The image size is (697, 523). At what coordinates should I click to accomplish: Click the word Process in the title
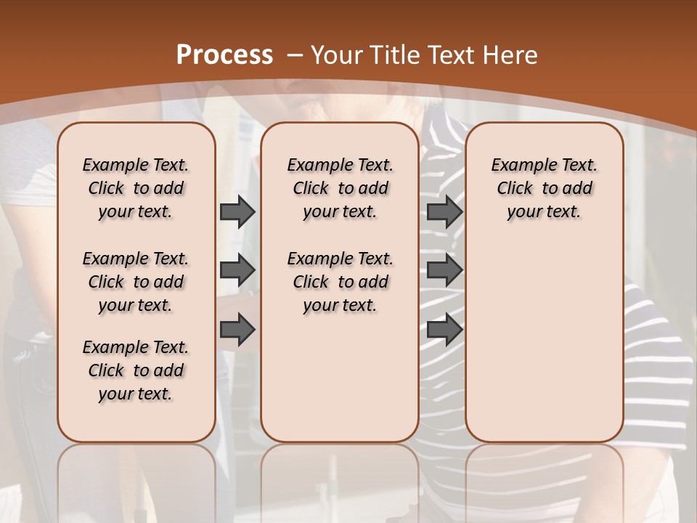click(x=224, y=55)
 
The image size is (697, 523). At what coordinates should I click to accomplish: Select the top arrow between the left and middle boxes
click(x=237, y=212)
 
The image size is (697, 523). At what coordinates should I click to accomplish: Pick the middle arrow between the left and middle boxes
click(x=237, y=270)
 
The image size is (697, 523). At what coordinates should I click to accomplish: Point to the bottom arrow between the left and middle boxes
click(x=237, y=330)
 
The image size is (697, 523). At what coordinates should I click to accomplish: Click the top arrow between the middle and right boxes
click(x=444, y=212)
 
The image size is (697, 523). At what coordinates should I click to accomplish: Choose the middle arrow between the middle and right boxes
click(x=444, y=270)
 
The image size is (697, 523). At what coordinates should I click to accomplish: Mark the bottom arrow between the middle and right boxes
click(x=444, y=330)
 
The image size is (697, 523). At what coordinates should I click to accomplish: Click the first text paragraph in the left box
click(x=136, y=188)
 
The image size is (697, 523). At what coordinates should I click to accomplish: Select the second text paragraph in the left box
click(x=136, y=282)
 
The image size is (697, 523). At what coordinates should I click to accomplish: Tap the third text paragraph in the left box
click(x=136, y=370)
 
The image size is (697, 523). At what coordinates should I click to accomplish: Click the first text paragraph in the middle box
click(x=340, y=188)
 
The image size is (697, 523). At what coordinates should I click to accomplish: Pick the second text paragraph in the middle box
click(x=340, y=282)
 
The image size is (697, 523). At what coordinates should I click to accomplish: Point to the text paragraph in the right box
click(x=545, y=188)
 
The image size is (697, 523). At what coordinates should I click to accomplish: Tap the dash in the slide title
click(x=295, y=55)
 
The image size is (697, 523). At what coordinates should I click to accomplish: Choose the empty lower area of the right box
click(x=545, y=341)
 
